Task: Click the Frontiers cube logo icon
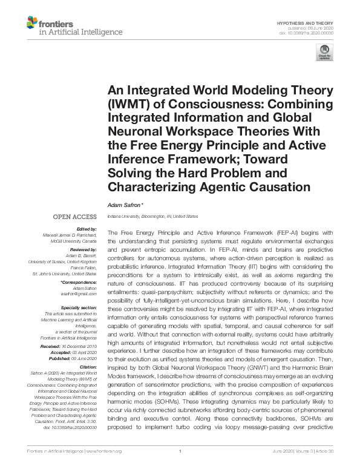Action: [31, 24]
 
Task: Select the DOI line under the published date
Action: [306, 33]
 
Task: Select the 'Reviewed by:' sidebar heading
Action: [83, 249]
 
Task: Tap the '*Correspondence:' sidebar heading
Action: [79, 282]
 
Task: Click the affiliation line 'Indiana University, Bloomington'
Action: [152, 216]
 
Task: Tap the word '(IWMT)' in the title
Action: [131, 103]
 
